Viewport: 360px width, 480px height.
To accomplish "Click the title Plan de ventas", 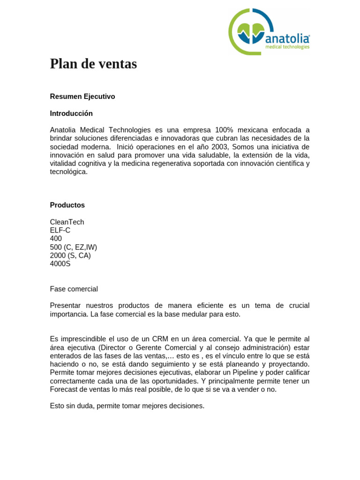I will [x=93, y=64].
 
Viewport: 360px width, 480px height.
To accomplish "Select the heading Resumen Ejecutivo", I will [x=82, y=97].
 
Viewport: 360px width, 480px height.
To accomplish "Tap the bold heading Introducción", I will [x=71, y=113].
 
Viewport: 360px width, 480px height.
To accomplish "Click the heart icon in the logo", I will [x=251, y=33].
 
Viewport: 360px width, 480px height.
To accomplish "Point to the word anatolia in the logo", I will [x=287, y=38].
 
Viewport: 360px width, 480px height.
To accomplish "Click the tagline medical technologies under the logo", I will [x=287, y=47].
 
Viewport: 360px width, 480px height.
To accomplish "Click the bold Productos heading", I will [x=67, y=205].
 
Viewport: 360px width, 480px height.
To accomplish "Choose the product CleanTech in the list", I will [x=67, y=222].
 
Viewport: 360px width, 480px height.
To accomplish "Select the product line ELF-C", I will [x=60, y=231].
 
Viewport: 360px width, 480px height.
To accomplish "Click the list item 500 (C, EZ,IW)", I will [x=74, y=247].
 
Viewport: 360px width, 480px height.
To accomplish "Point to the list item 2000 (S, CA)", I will [x=70, y=255].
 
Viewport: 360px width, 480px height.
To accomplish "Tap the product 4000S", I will [x=60, y=264].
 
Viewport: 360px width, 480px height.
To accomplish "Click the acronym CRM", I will [x=160, y=339].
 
